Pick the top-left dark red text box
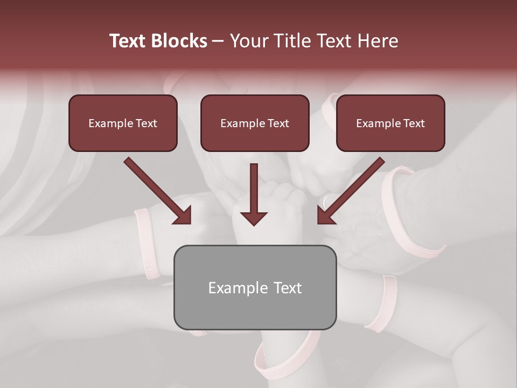[x=123, y=123]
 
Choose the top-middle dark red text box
[x=255, y=123]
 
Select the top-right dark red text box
[x=390, y=123]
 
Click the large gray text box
[x=255, y=287]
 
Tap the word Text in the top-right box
[x=414, y=123]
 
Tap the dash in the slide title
[x=218, y=41]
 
